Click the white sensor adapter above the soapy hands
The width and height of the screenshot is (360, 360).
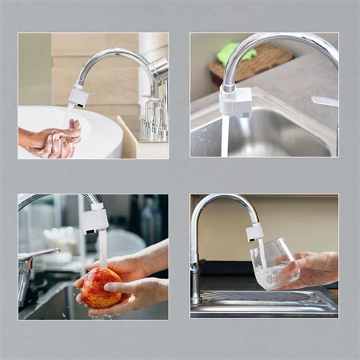click(x=77, y=96)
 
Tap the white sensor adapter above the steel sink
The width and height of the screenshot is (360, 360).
click(x=235, y=100)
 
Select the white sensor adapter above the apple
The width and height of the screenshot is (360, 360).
click(x=96, y=220)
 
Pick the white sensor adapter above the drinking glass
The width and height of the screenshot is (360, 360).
click(x=254, y=231)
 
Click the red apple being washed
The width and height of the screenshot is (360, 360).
click(x=101, y=288)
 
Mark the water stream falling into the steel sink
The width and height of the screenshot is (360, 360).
click(x=226, y=137)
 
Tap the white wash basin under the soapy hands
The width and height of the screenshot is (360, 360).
click(x=99, y=129)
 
